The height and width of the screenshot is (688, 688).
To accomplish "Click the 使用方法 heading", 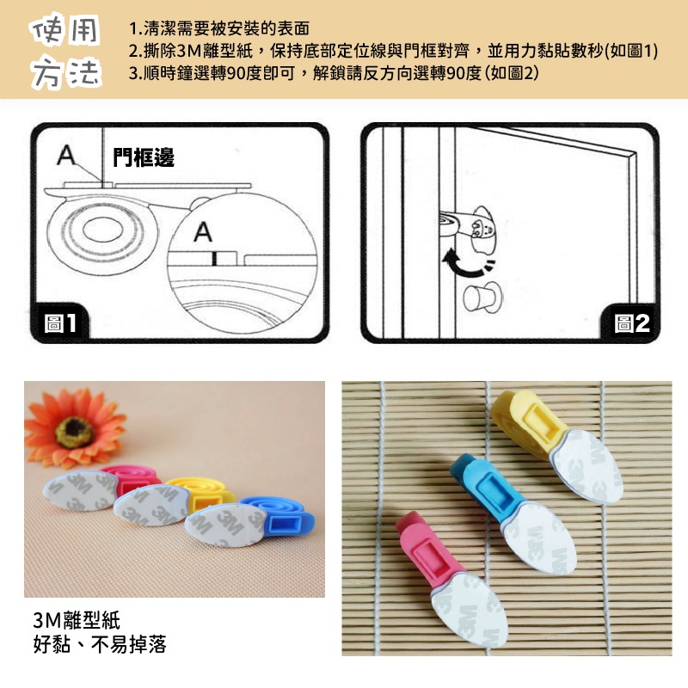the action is [65, 52].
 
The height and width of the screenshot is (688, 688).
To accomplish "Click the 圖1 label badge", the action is [60, 323].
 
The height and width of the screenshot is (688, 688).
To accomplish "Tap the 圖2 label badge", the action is [632, 323].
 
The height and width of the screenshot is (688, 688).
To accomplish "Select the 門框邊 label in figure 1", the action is [144, 157].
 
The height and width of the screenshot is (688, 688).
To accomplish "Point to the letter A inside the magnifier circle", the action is [203, 231].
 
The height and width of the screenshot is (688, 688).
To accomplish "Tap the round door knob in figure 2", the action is [481, 297].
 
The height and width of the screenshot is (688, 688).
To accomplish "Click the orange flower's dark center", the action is [74, 432].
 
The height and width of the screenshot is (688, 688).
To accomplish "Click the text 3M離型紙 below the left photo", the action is [77, 620].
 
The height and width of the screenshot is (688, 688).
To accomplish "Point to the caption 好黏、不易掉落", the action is [100, 644].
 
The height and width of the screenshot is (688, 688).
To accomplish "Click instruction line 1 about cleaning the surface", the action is [219, 28].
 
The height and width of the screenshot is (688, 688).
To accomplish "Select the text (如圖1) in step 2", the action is [631, 51].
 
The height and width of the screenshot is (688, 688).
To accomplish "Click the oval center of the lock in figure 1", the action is [102, 230].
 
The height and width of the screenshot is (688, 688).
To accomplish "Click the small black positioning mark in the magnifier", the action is [213, 259].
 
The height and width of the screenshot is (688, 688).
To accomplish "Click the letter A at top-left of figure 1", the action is [66, 155].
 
